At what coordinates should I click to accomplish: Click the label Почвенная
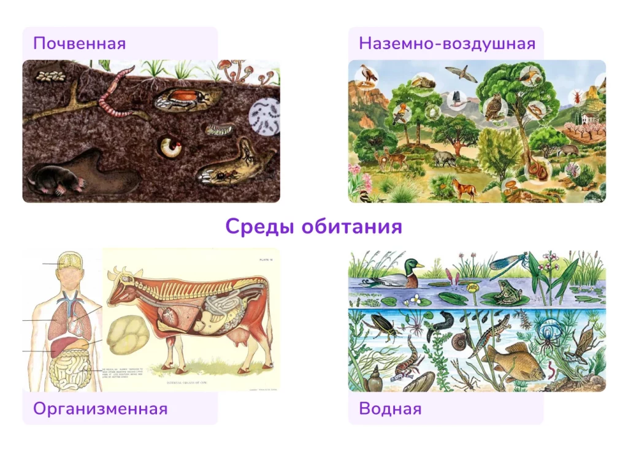(80, 44)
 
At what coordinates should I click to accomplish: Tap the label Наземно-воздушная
(447, 44)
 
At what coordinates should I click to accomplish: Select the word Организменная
(100, 408)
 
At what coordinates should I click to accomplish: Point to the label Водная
(390, 408)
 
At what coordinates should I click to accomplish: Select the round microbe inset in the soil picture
(265, 116)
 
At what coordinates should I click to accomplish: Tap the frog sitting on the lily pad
(507, 293)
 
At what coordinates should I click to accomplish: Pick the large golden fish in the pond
(504, 361)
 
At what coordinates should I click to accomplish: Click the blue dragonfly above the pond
(507, 261)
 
